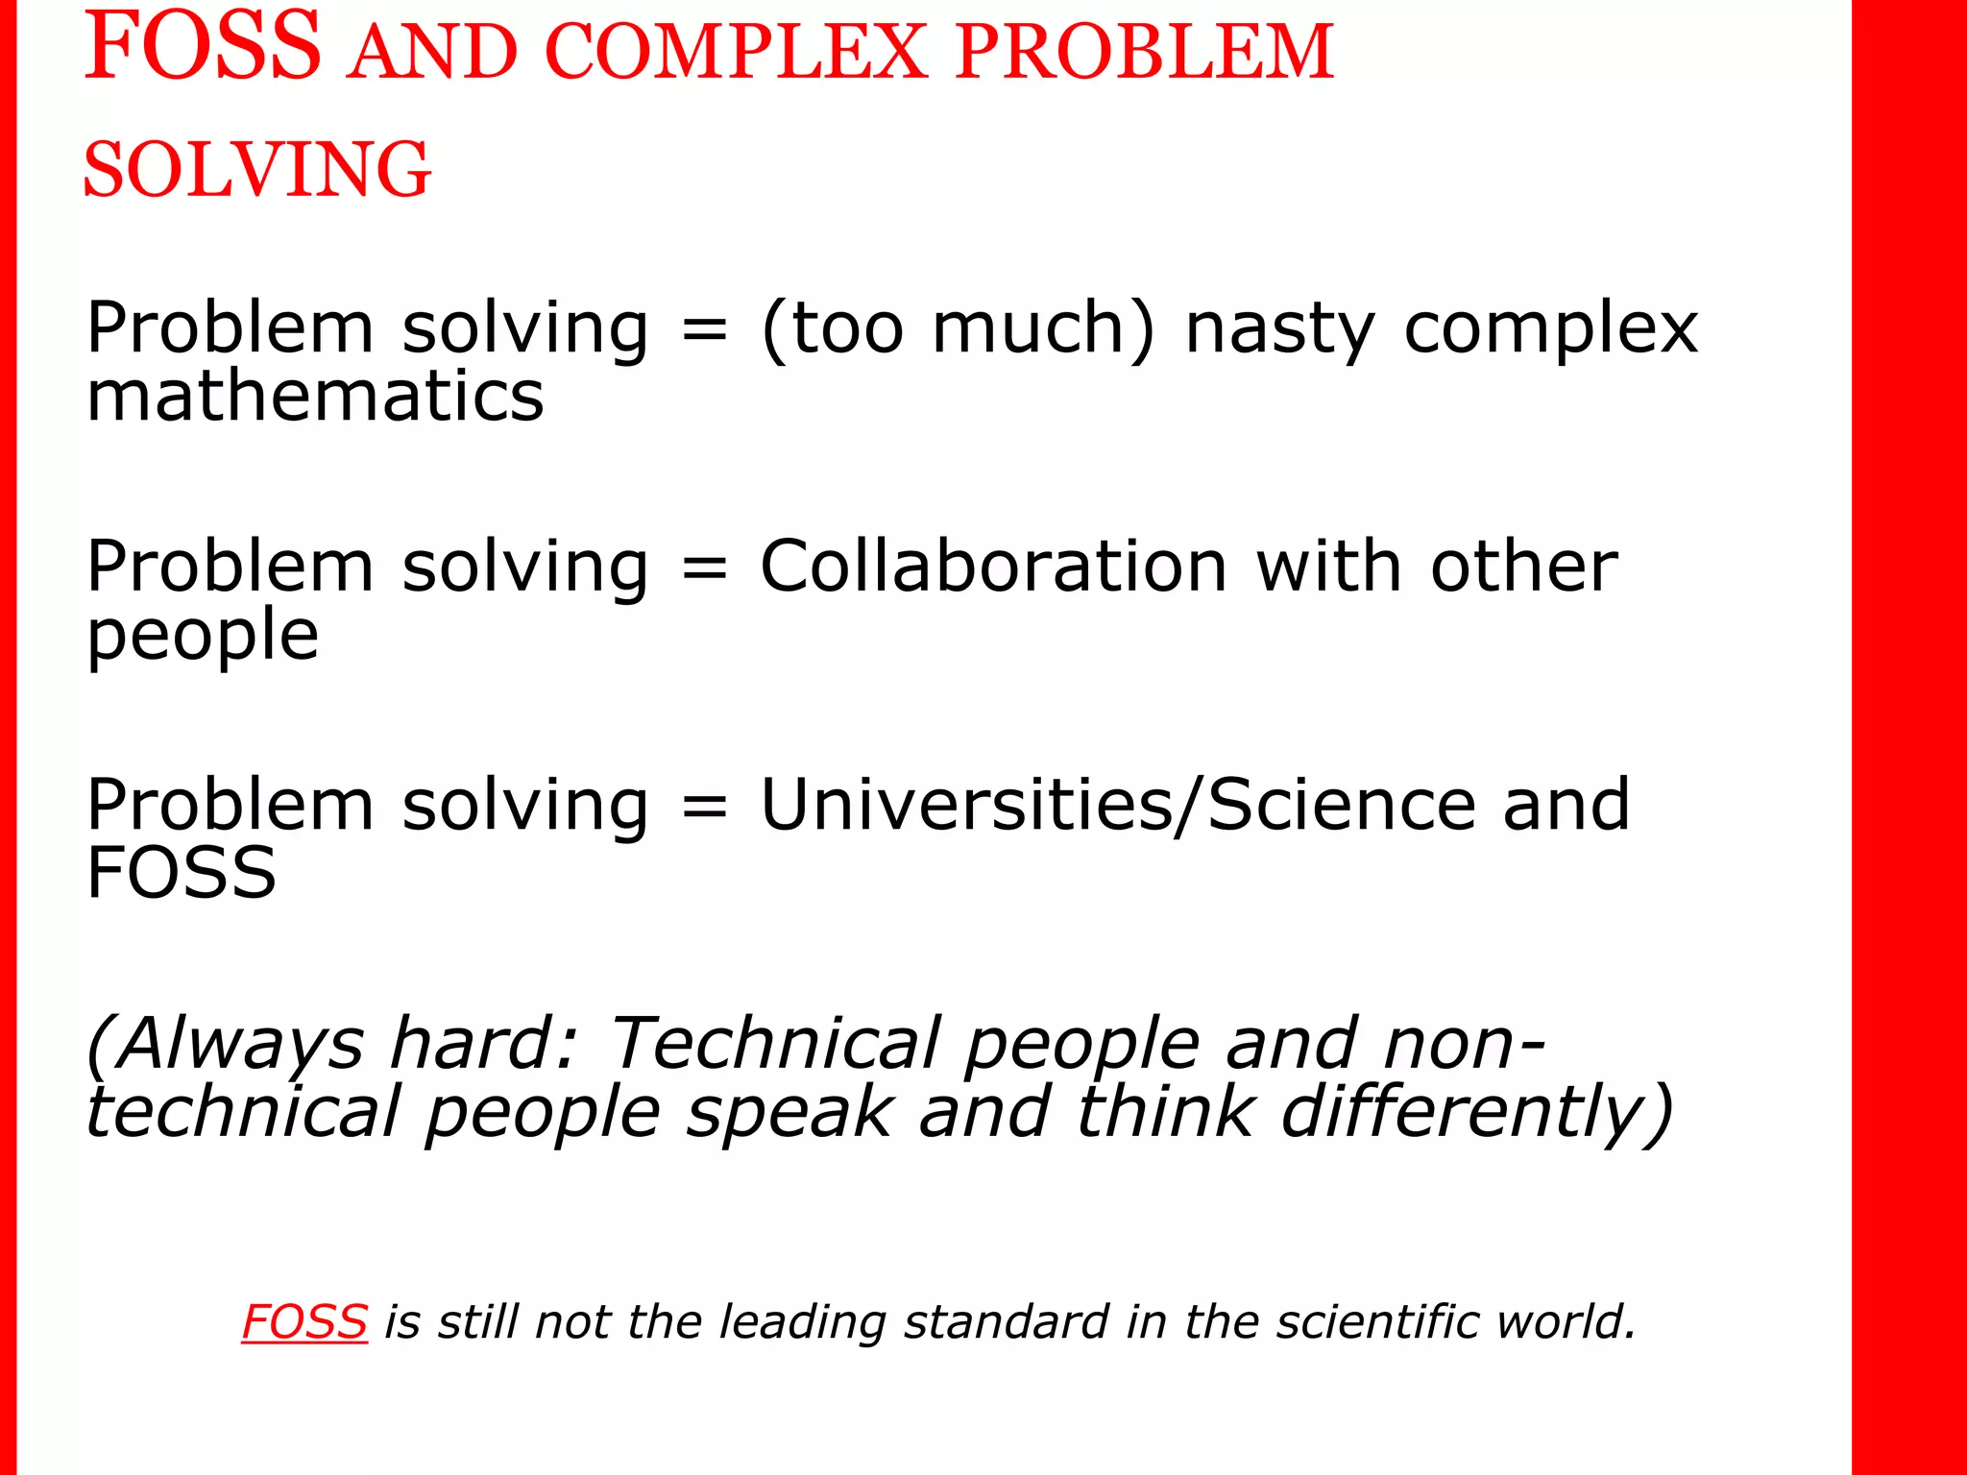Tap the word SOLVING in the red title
(257, 169)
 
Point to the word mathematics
(315, 396)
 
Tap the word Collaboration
(994, 566)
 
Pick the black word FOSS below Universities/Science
(182, 873)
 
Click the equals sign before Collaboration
(704, 568)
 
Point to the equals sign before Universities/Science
(704, 806)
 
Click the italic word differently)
(1478, 1112)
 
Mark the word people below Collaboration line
(203, 637)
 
